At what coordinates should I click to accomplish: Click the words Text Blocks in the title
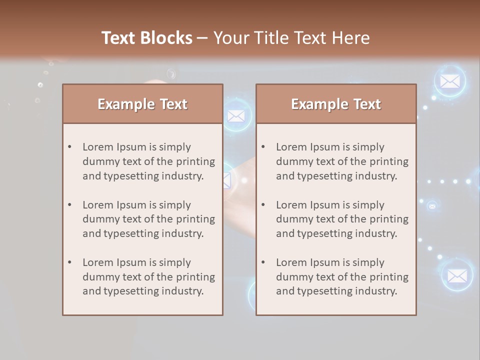click(x=146, y=38)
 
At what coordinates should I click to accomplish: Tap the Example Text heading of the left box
click(x=142, y=104)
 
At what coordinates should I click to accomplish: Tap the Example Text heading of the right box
click(x=336, y=104)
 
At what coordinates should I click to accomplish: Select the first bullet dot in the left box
click(x=70, y=147)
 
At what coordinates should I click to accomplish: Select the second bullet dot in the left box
click(x=70, y=205)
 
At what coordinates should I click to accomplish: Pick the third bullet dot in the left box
click(x=70, y=262)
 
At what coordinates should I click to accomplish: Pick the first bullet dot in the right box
click(x=263, y=147)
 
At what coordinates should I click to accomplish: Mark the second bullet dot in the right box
click(x=263, y=205)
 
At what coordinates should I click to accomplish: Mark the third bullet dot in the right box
click(x=263, y=262)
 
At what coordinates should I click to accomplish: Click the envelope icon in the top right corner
click(x=450, y=81)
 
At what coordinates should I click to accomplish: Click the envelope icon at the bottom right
click(x=457, y=275)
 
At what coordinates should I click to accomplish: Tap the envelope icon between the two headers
click(x=236, y=116)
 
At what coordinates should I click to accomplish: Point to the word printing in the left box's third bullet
click(x=195, y=277)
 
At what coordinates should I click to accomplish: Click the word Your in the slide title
click(x=231, y=38)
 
